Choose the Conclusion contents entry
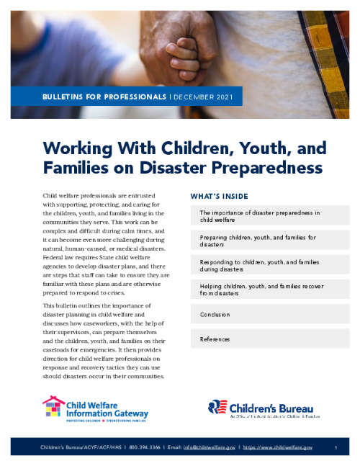pyautogui.click(x=215, y=315)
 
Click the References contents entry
pyautogui.click(x=215, y=339)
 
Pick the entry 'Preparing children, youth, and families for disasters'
pyautogui.click(x=257, y=240)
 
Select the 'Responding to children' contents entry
pyautogui.click(x=259, y=265)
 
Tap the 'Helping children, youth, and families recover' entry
pyautogui.click(x=261, y=290)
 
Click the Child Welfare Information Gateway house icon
pyautogui.click(x=53, y=408)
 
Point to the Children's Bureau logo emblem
pyautogui.click(x=218, y=408)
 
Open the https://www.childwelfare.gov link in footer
pyautogui.click(x=277, y=448)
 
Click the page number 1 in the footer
pyautogui.click(x=336, y=448)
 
